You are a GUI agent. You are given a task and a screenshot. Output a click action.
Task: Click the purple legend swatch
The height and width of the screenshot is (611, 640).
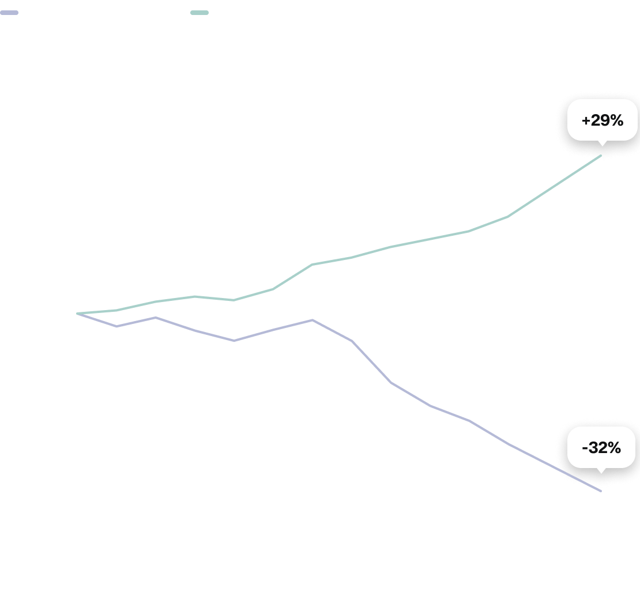[9, 13]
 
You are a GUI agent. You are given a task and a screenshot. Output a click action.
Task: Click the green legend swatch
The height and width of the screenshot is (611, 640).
[199, 13]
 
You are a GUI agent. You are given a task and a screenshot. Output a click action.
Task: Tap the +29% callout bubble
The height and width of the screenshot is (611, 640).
[603, 120]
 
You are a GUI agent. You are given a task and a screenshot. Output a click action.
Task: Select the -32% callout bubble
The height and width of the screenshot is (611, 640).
[601, 447]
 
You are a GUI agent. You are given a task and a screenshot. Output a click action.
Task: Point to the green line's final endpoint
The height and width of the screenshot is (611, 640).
[601, 156]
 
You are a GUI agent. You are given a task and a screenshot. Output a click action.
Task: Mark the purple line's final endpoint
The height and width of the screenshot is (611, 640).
[601, 491]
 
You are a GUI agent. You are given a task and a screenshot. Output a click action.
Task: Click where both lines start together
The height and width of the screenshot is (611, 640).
[78, 314]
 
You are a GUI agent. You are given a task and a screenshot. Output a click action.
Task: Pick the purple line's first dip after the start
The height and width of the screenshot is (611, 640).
[116, 326]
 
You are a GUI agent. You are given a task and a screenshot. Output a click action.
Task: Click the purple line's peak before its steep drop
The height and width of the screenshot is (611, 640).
[313, 320]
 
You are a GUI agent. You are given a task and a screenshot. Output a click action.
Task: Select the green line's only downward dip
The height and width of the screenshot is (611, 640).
[234, 300]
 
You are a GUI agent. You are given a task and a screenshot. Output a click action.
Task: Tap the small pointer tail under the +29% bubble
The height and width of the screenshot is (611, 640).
[601, 144]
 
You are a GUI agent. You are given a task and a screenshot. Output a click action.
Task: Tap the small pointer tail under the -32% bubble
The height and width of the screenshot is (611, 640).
[601, 470]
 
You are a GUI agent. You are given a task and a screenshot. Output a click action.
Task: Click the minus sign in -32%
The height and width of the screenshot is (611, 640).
[585, 448]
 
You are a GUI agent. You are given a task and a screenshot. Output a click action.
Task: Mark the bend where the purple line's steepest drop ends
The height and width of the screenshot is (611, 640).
[391, 382]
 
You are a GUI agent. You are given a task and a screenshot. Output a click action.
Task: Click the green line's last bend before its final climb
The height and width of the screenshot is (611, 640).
[508, 217]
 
